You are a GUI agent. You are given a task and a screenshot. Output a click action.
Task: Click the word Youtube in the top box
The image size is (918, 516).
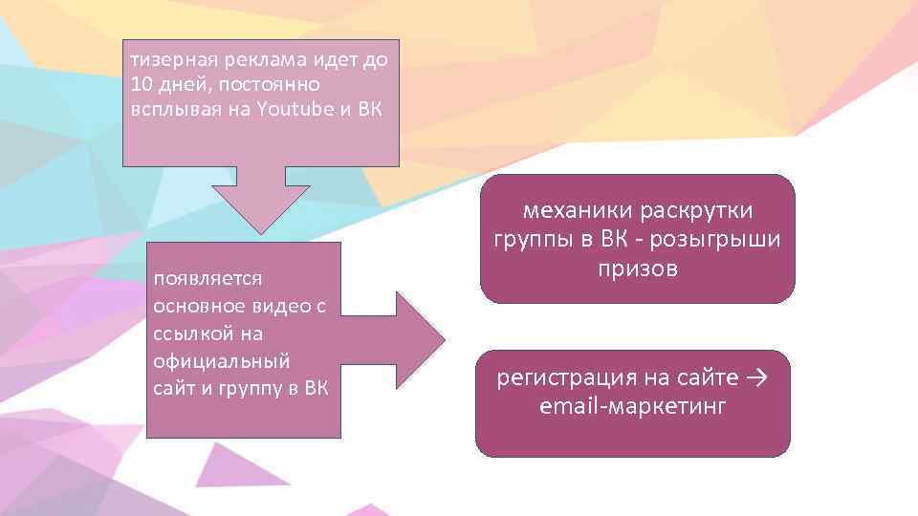[x=292, y=107]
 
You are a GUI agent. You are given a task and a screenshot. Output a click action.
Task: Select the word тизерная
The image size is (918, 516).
[x=174, y=61]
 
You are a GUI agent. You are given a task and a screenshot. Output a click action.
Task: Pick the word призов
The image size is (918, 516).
[x=638, y=268]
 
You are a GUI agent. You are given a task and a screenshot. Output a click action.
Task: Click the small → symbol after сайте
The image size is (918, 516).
[x=755, y=377]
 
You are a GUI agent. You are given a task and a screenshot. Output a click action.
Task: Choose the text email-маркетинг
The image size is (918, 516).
[x=633, y=406]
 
